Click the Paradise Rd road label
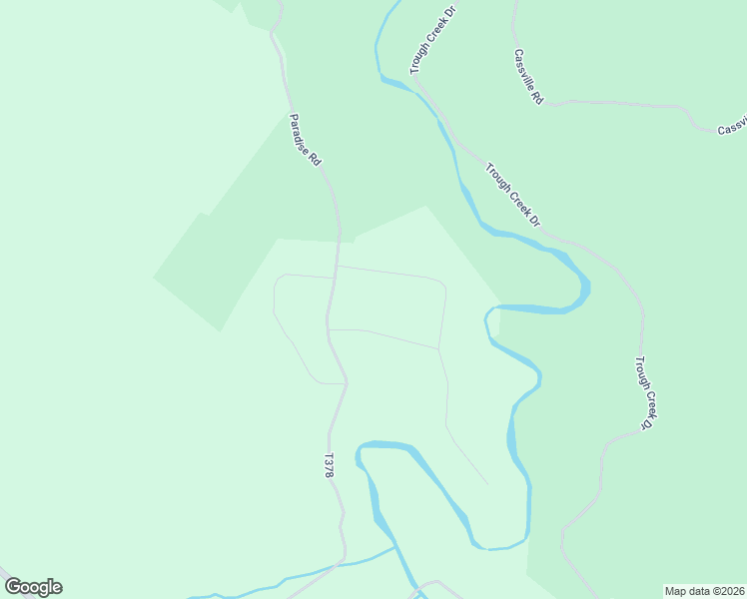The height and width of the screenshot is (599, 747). click(305, 140)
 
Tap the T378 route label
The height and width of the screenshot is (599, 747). click(328, 466)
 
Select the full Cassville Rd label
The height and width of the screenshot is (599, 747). click(527, 77)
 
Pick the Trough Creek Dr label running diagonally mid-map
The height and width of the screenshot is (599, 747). click(512, 194)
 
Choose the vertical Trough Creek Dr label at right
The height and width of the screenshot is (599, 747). click(645, 393)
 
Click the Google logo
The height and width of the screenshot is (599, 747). click(33, 587)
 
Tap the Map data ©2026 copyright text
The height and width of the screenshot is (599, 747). click(704, 591)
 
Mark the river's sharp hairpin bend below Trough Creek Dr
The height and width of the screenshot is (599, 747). click(583, 291)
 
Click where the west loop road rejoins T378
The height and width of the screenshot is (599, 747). click(346, 382)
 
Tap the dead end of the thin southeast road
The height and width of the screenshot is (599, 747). click(488, 485)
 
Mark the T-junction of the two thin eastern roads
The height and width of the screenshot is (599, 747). click(438, 348)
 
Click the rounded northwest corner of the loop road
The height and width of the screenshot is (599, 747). click(281, 279)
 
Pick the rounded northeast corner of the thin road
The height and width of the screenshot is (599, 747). click(441, 286)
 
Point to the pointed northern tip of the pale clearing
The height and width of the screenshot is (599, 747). click(426, 207)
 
